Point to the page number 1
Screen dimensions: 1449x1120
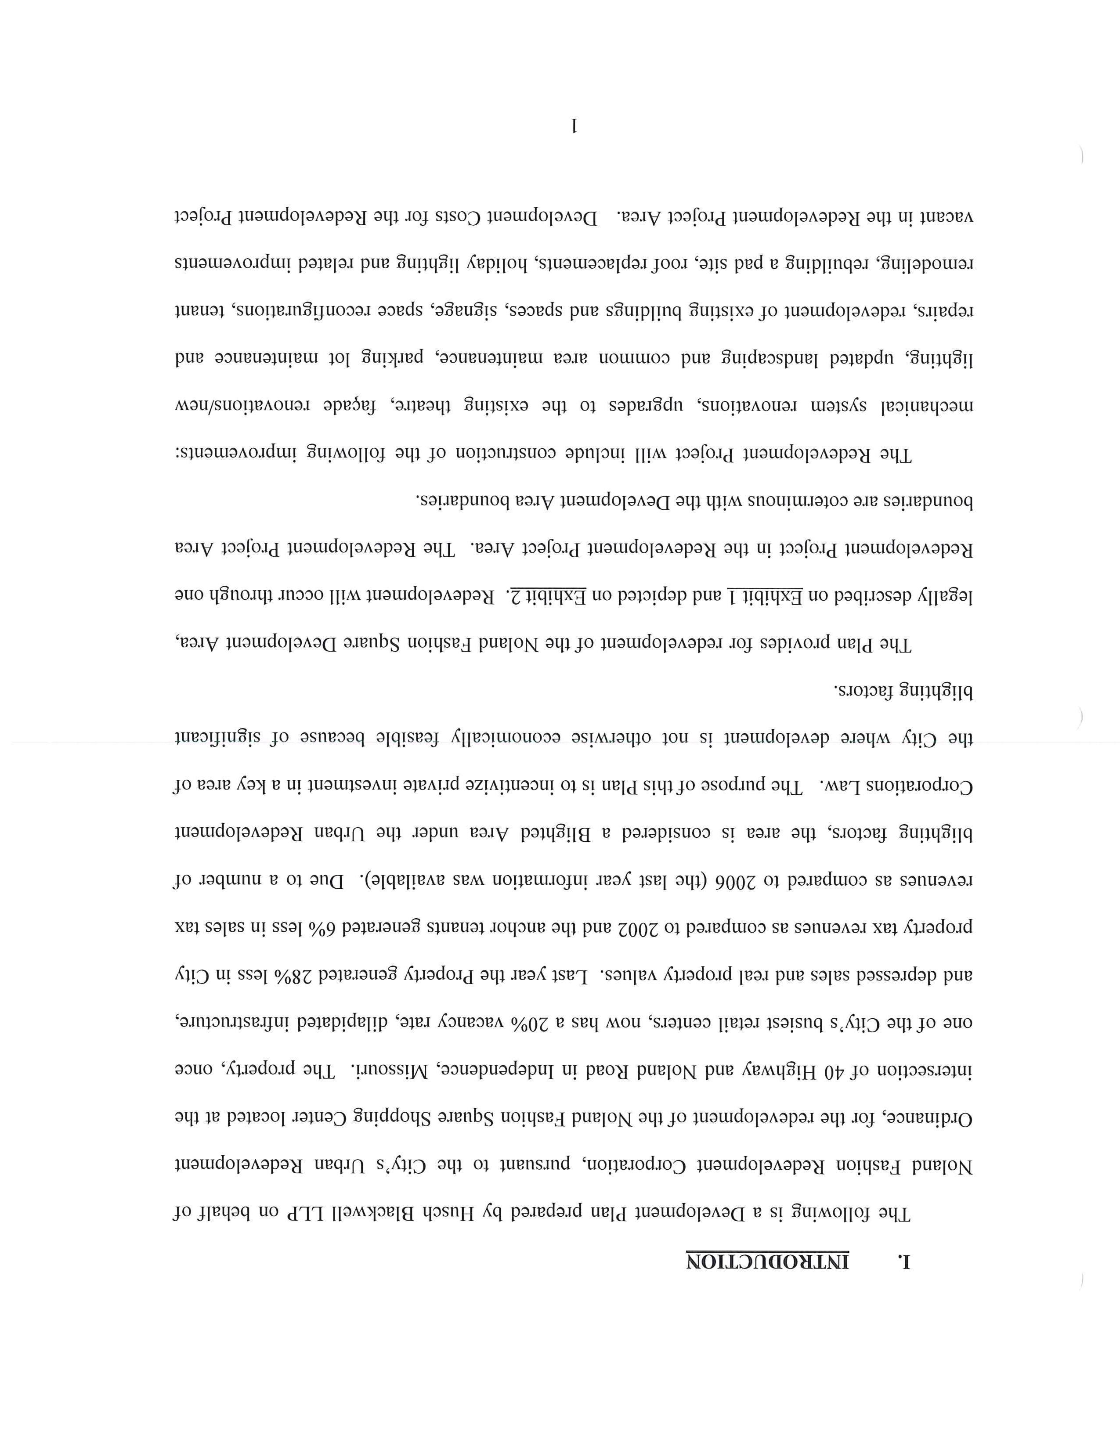(574, 125)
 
